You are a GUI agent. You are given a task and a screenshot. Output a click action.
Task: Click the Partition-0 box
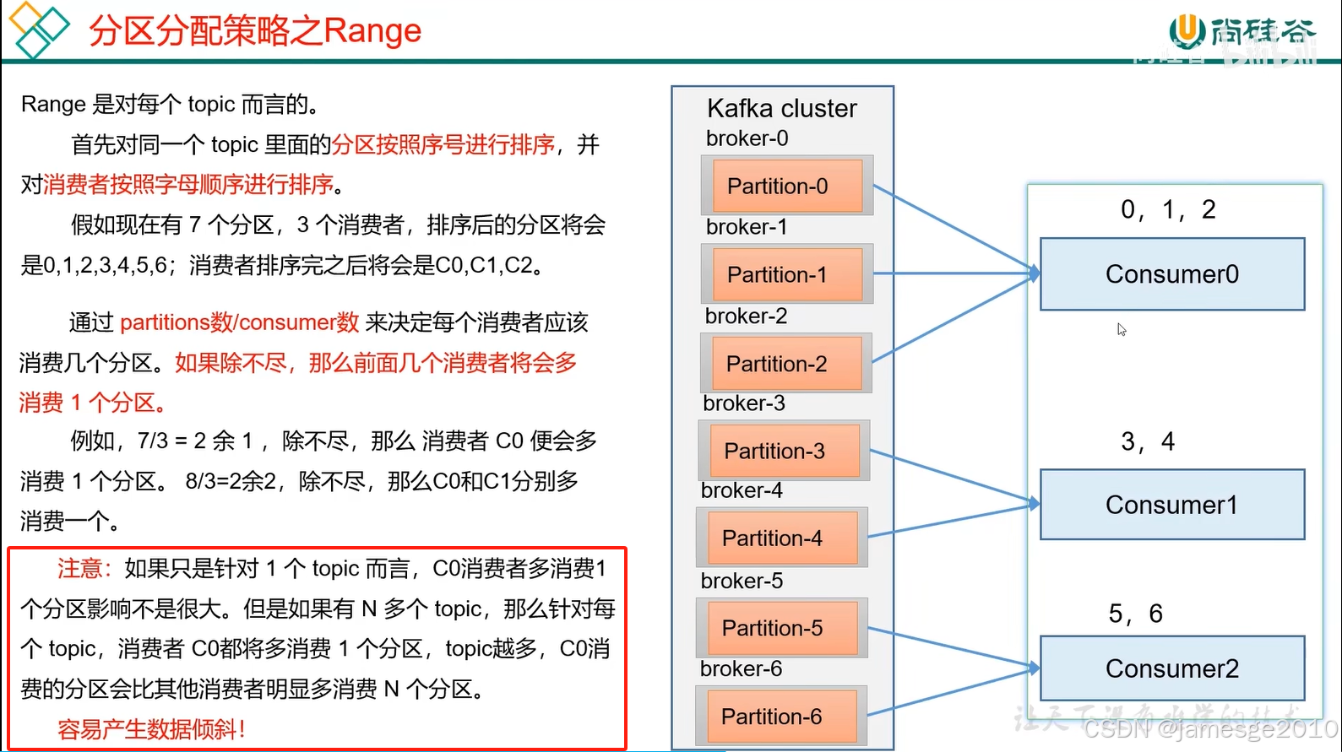click(x=786, y=186)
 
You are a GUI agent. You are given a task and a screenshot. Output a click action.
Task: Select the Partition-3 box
click(x=784, y=451)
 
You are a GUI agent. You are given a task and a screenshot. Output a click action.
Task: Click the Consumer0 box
click(x=1171, y=274)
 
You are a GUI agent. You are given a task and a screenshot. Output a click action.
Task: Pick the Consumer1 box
click(x=1171, y=505)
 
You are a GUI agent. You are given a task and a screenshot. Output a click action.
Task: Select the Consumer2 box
click(x=1171, y=668)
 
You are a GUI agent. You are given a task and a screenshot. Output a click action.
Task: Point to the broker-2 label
click(x=746, y=316)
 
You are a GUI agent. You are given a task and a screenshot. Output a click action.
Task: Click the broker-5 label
click(x=742, y=581)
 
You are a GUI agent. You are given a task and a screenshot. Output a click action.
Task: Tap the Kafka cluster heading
click(x=781, y=108)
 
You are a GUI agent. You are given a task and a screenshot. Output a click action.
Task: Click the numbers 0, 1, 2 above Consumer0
click(x=1168, y=209)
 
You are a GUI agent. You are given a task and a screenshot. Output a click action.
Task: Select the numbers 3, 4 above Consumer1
click(x=1147, y=441)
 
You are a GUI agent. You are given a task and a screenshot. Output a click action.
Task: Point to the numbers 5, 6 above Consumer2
click(x=1135, y=614)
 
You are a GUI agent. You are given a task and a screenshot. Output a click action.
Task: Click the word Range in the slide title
click(x=372, y=31)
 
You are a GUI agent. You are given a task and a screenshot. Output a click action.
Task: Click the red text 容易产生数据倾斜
click(x=150, y=729)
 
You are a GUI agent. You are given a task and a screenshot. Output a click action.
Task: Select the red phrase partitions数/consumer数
click(x=240, y=322)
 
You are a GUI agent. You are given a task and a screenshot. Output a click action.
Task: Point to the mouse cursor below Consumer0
click(x=1121, y=329)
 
